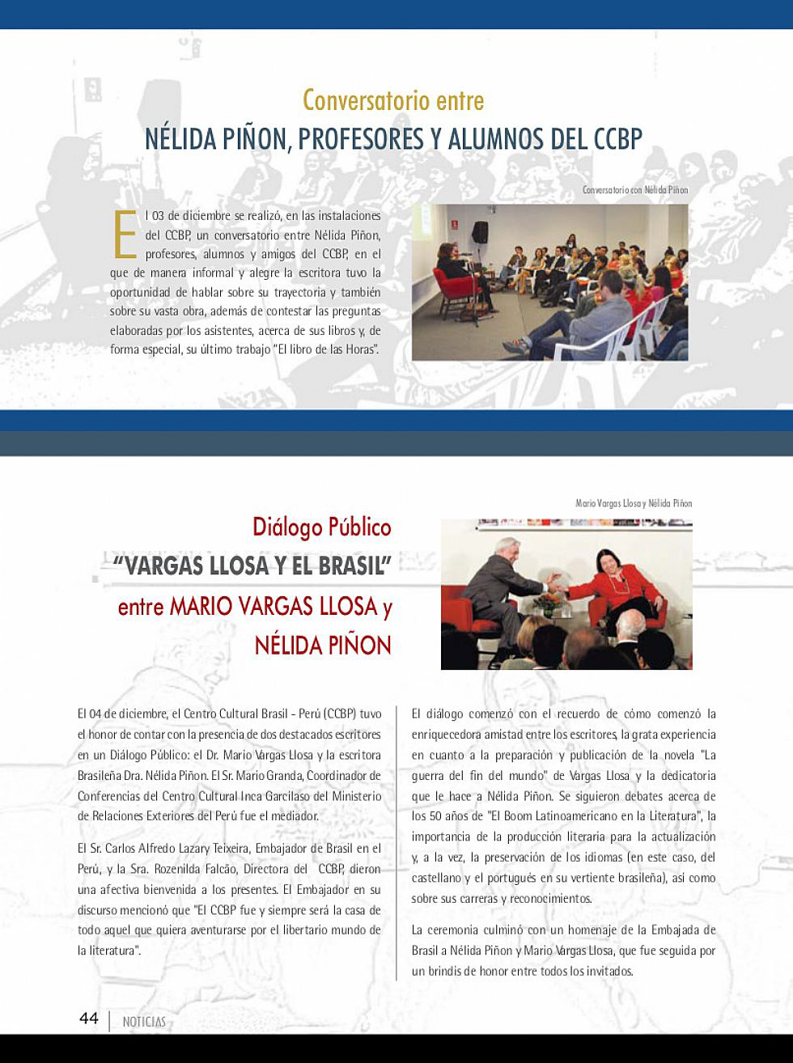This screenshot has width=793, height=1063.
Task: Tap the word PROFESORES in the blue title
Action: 360,139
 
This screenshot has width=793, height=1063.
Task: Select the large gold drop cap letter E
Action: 124,232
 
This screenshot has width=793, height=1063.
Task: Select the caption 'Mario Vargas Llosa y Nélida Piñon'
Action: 634,503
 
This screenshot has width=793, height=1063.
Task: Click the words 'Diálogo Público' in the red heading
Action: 321,527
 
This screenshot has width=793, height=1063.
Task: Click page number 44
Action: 88,1018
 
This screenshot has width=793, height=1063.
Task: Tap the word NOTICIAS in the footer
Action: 144,1022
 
